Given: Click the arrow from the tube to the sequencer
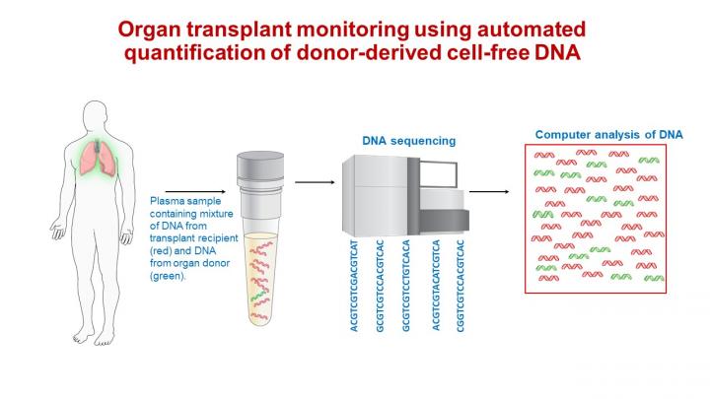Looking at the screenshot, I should coord(313,182).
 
